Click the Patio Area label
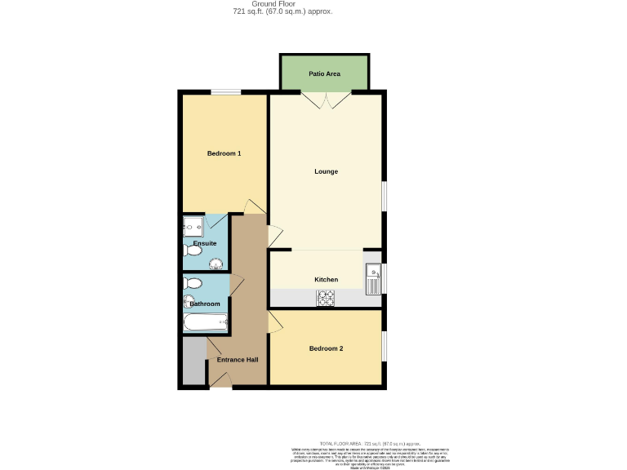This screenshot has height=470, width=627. pyautogui.click(x=324, y=74)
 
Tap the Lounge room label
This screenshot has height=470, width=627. pyautogui.click(x=326, y=171)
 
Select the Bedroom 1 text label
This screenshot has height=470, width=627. pyautogui.click(x=224, y=153)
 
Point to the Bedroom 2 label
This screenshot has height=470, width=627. pyautogui.click(x=326, y=349)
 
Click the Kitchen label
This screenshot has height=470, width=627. pyautogui.click(x=326, y=280)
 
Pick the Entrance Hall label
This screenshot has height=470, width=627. pyautogui.click(x=237, y=360)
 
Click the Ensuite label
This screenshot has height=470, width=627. pyautogui.click(x=205, y=243)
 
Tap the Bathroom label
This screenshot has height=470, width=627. pyautogui.click(x=205, y=304)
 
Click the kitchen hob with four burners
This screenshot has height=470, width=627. pyautogui.click(x=327, y=299)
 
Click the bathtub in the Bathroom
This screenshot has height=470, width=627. pyautogui.click(x=205, y=323)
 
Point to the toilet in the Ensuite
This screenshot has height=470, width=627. pyautogui.click(x=193, y=251)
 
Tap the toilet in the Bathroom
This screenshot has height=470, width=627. pyautogui.click(x=193, y=284)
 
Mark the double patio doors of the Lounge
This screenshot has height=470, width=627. pyautogui.click(x=326, y=100)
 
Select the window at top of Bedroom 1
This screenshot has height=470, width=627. pyautogui.click(x=225, y=92)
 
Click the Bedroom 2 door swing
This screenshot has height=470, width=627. pyautogui.click(x=275, y=324)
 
